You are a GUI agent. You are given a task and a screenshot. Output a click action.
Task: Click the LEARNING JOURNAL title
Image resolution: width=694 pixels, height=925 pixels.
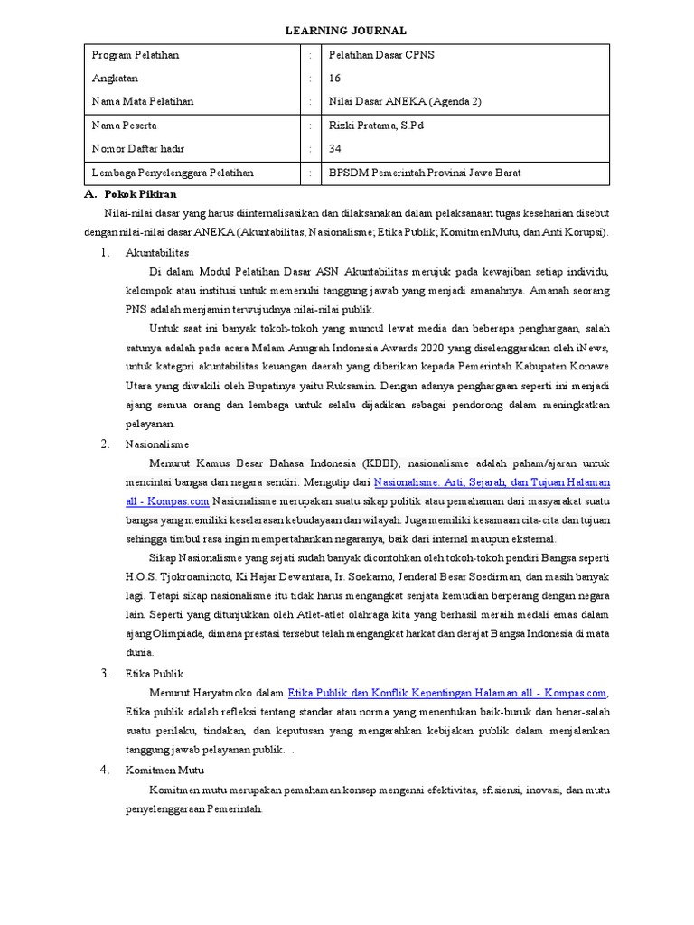[347, 31]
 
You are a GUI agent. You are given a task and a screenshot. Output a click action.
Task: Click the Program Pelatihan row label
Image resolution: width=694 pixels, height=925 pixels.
[136, 55]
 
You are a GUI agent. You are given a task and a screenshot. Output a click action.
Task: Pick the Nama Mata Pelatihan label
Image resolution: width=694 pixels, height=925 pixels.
[143, 102]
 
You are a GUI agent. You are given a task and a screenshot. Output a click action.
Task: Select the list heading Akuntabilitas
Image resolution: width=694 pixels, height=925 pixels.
[157, 253]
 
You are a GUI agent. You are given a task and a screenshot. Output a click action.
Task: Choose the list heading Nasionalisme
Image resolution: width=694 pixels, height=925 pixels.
[157, 444]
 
